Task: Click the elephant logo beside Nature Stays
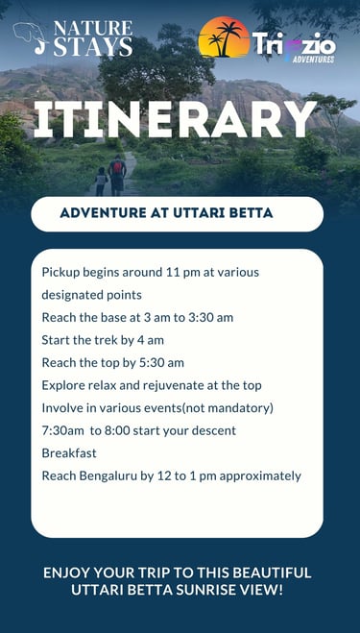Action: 31,37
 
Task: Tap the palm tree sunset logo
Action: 224,37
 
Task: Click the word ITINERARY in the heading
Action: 175,119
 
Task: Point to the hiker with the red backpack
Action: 117,175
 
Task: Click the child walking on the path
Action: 101,182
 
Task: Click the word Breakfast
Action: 69,453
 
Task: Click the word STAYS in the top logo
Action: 93,47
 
